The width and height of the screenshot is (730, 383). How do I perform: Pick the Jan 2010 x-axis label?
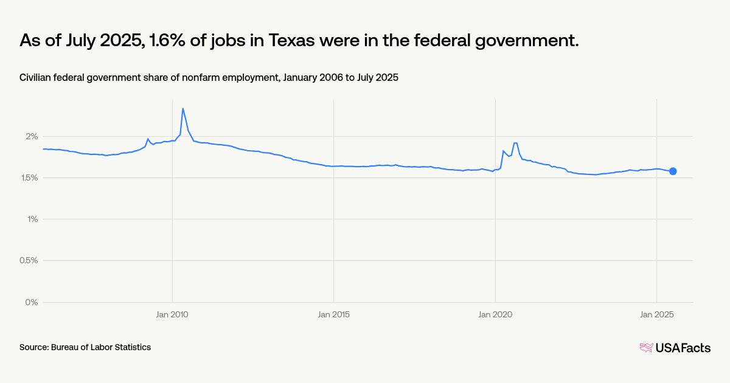172,314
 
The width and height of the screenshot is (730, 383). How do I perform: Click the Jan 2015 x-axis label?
333,314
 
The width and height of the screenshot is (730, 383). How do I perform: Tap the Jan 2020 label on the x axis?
495,314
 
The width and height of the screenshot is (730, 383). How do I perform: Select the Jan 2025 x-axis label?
656,314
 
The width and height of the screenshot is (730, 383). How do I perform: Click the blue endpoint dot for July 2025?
673,171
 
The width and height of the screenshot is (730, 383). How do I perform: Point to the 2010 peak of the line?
183,109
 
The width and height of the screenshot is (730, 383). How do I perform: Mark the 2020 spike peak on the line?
515,143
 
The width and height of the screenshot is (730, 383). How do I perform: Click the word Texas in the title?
310,41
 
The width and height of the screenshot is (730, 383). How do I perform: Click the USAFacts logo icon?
646,348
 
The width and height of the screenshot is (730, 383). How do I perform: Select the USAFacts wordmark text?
683,348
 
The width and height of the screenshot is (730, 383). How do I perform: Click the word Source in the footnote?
33,347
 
